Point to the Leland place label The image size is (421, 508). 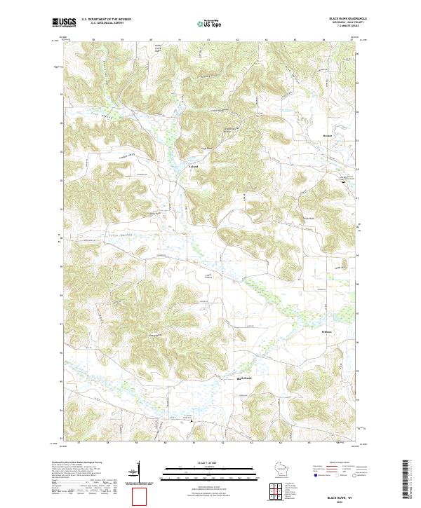pyautogui.click(x=194, y=166)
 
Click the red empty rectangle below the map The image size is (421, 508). pyautogui.click(x=144, y=497)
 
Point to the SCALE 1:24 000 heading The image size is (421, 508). pyautogui.click(x=210, y=462)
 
